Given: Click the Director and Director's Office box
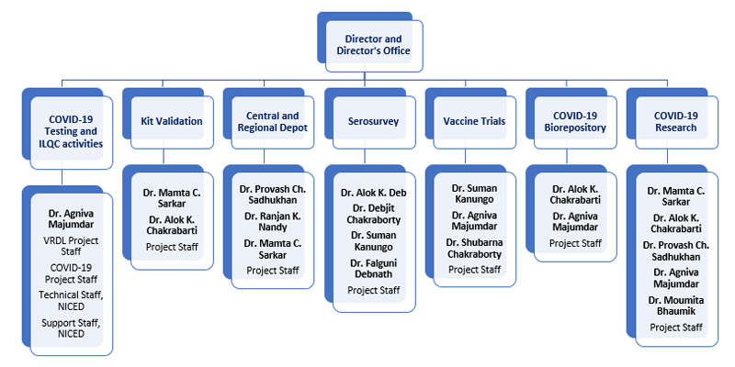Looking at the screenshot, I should click(373, 45).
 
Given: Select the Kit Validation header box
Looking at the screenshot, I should click(172, 120).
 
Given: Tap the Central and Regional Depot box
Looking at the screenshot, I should click(273, 121).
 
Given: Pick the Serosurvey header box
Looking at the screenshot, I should click(373, 120).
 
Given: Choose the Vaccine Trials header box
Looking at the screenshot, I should click(474, 120).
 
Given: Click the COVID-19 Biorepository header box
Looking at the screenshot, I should click(574, 121).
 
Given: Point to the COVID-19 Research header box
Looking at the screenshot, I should click(675, 121).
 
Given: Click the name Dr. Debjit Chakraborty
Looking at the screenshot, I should click(372, 214).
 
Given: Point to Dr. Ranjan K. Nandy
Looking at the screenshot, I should click(272, 222).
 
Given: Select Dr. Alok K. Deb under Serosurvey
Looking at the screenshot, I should click(372, 193).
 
